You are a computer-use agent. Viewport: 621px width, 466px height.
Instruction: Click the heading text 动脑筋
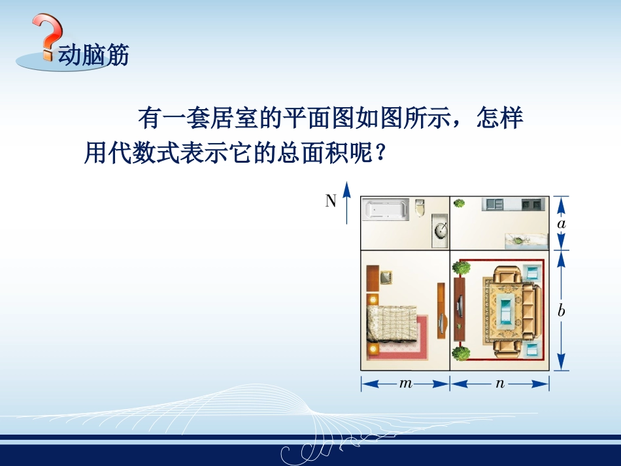pos(93,55)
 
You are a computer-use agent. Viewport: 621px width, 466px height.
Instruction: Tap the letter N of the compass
pos(331,201)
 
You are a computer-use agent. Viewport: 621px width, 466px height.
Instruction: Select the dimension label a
pos(561,224)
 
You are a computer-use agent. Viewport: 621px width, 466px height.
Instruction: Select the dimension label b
pos(561,311)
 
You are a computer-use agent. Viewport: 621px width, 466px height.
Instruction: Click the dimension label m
pos(405,384)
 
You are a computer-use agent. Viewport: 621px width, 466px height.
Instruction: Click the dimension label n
pos(500,384)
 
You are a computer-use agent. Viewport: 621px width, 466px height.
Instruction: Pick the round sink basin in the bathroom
pos(441,229)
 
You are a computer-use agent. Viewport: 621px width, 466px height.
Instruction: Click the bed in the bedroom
pos(390,324)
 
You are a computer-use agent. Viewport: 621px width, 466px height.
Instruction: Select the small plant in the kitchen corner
pos(460,204)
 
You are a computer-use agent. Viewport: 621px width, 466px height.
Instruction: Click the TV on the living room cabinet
pos(460,306)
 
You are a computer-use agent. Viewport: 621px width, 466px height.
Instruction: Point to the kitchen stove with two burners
pos(531,204)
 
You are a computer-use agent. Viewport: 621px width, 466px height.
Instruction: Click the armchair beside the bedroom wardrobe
pos(385,277)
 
